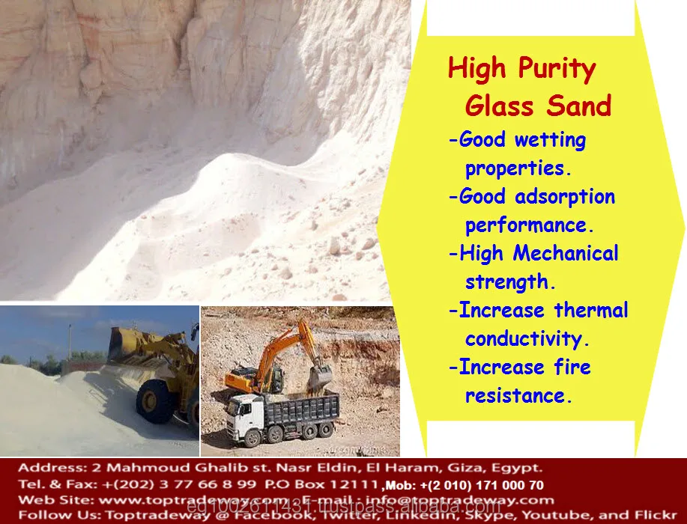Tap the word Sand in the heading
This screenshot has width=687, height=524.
(578, 106)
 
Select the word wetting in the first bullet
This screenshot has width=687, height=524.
(551, 141)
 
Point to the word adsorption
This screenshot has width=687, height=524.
(565, 197)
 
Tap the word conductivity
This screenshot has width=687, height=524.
(527, 338)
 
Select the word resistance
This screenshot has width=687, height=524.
(518, 395)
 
